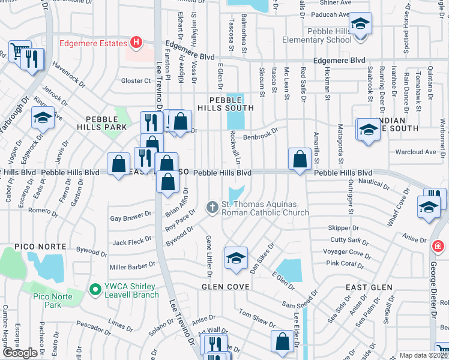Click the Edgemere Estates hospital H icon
pos(136,43)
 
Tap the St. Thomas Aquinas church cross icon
pos(211,208)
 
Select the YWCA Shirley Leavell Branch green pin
pos(94,290)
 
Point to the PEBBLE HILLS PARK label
pos(101,123)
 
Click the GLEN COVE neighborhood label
pos(225,287)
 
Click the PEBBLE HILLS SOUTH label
pos(231,103)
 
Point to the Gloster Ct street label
pos(135,81)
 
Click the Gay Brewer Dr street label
pos(130,216)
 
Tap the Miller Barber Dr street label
pos(133,266)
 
